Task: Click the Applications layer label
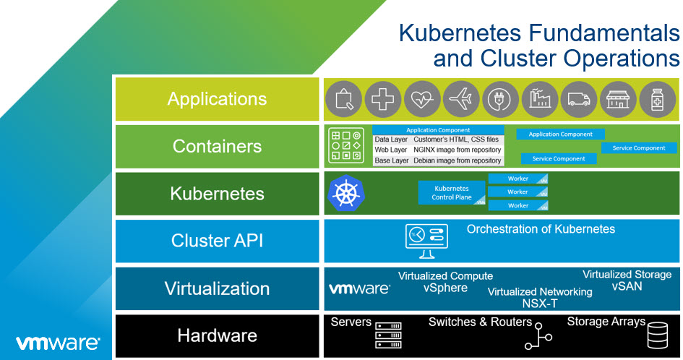pyautogui.click(x=217, y=99)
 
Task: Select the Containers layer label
pyautogui.click(x=217, y=146)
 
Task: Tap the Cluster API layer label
pyautogui.click(x=217, y=241)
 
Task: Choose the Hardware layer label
pyautogui.click(x=217, y=335)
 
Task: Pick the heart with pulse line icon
pyautogui.click(x=422, y=99)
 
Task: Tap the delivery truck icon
pyautogui.click(x=580, y=99)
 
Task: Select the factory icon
pyautogui.click(x=540, y=99)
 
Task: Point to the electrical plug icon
pyautogui.click(x=501, y=99)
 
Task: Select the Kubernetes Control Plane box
pyautogui.click(x=452, y=192)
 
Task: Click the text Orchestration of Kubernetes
pyautogui.click(x=541, y=229)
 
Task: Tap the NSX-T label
pyautogui.click(x=540, y=304)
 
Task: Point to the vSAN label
pyautogui.click(x=627, y=287)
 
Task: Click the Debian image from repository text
pyautogui.click(x=457, y=160)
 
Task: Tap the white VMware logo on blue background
pyautogui.click(x=58, y=341)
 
